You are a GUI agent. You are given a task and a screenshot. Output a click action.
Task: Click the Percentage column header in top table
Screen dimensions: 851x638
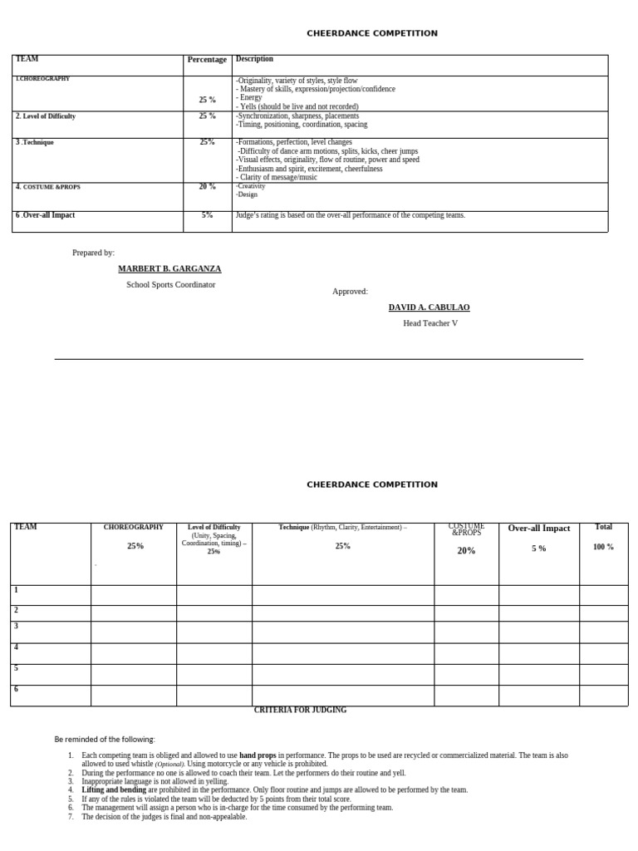207,60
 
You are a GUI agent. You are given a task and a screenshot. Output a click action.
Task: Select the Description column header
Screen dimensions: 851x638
254,59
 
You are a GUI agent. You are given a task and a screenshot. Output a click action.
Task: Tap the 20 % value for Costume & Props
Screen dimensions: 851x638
207,187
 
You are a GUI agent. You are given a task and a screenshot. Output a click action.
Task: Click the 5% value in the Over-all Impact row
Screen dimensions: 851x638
207,215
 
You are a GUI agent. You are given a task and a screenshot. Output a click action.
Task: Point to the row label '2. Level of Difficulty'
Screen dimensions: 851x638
46,116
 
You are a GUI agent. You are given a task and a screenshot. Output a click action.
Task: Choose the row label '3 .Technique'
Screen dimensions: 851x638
35,142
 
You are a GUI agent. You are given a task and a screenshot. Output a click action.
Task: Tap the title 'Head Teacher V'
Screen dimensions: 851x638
429,323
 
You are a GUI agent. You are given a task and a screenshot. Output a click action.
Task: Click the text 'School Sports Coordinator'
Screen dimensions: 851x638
170,284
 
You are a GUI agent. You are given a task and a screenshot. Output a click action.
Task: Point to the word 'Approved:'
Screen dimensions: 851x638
350,292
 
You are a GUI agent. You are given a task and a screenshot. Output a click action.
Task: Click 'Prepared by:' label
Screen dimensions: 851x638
93,253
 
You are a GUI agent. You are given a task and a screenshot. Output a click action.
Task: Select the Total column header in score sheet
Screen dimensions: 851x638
603,527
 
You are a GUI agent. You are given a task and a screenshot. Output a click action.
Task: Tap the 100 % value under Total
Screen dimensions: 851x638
603,547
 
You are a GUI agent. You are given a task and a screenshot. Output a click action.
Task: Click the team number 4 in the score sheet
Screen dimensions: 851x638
16,647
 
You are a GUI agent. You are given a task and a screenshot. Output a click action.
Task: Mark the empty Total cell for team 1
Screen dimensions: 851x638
603,595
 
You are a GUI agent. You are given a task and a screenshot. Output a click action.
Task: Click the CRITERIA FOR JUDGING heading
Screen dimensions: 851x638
300,711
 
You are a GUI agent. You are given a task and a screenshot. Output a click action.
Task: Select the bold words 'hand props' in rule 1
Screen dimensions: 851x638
258,755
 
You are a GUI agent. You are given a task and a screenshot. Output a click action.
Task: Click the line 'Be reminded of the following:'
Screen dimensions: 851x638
105,739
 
